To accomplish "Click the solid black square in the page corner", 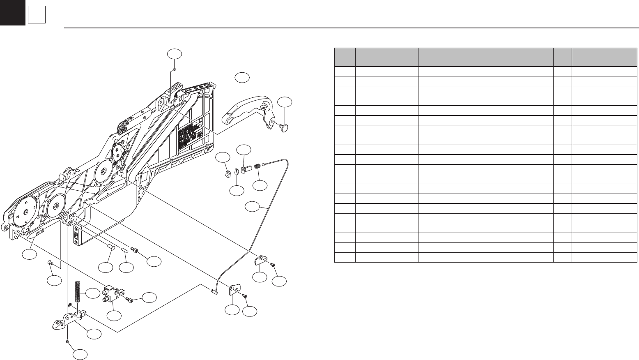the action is pos(12,12).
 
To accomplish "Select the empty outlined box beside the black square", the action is pos(37,16).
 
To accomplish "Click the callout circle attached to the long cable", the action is pos(252,207).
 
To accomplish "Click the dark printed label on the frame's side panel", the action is pos(190,134).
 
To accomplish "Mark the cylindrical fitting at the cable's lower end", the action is pos(213,291).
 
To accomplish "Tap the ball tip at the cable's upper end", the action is pos(263,164).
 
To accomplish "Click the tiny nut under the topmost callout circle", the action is pos(175,70).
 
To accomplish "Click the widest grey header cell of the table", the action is pos(485,57).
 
